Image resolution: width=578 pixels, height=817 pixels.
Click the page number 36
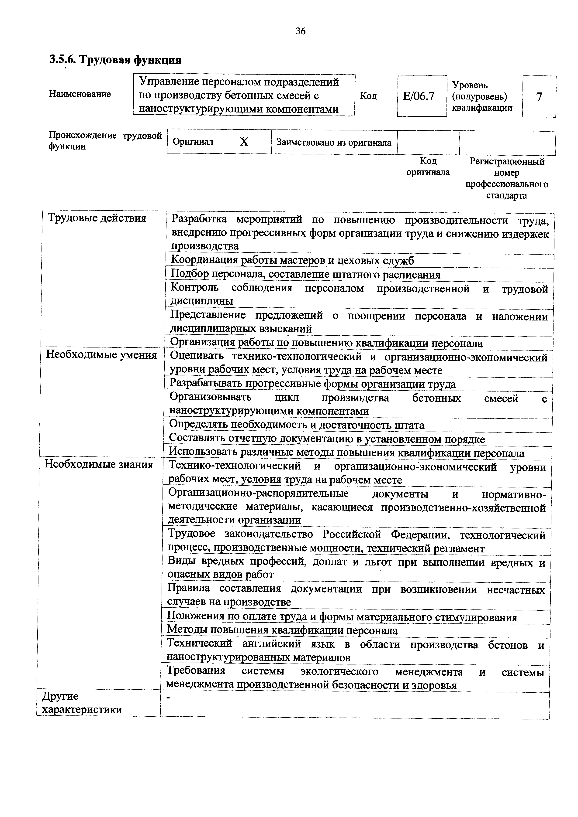(x=300, y=31)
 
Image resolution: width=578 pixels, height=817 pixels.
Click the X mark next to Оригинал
(x=244, y=142)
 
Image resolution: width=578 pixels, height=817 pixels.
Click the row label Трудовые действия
(x=97, y=218)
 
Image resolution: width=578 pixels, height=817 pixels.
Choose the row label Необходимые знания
(x=99, y=464)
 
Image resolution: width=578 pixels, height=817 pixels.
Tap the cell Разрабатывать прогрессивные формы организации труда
(x=312, y=384)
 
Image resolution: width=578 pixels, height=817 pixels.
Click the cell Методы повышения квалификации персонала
(x=282, y=630)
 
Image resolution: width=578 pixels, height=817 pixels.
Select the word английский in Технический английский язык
(x=271, y=644)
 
